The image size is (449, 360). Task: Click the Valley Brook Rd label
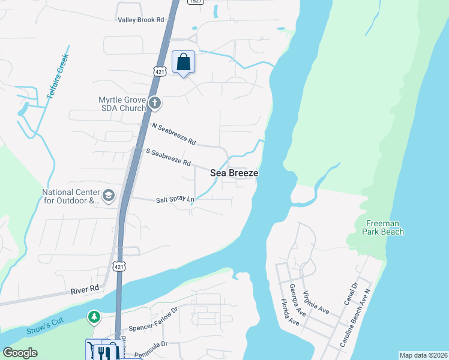pos(141,20)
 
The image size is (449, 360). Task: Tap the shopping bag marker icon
pos(184,62)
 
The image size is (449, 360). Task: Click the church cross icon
pos(154,103)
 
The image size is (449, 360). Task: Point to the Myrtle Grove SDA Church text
pos(122,104)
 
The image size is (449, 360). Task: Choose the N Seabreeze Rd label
pos(174,134)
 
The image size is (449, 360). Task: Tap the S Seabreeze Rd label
pos(168,158)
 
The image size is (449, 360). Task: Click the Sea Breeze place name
pos(234,173)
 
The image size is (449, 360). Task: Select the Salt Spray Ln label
pos(175,199)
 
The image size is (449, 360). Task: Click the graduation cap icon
pos(109,195)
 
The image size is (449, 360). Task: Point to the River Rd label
pos(85,289)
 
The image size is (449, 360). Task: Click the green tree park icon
pos(94,316)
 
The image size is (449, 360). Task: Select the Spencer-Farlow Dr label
pos(154,320)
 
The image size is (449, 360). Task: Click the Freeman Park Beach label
pos(384,228)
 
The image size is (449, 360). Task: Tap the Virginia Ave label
pos(316,302)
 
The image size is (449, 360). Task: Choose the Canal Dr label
pos(351,292)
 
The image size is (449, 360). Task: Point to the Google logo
pos(20,353)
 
